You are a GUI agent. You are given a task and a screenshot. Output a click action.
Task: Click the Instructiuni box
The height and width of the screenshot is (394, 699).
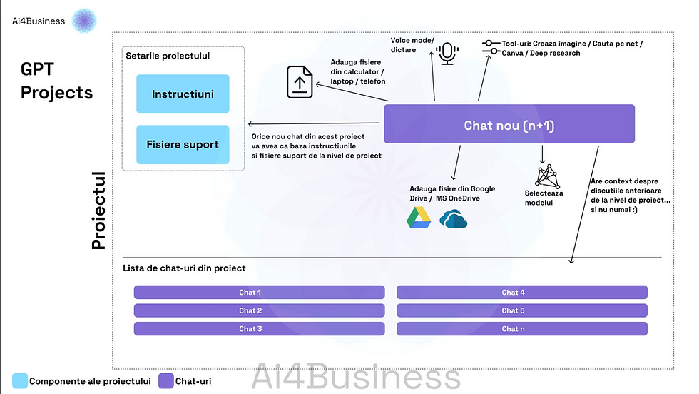coord(183,94)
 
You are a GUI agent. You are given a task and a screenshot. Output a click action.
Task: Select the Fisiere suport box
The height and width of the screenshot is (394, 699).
coord(183,144)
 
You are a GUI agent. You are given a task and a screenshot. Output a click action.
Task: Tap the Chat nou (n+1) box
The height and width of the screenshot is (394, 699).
coord(509,124)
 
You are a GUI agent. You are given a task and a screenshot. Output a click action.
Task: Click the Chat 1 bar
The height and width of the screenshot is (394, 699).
coord(259,292)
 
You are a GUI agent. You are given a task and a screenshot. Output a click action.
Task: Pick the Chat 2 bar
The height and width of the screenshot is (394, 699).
coord(259,310)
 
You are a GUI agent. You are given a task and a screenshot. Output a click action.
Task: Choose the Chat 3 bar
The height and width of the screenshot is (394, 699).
coord(259,329)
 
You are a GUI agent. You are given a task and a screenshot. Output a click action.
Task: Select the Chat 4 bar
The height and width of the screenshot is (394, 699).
coord(521,292)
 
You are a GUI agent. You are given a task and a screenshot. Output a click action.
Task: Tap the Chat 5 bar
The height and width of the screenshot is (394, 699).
coord(521,310)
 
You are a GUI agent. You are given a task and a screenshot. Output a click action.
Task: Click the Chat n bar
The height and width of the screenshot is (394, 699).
coord(521,329)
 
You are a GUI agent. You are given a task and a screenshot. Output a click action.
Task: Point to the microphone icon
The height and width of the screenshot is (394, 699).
coord(448,53)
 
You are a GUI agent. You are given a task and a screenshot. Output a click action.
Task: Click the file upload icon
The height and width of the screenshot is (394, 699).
coord(300,81)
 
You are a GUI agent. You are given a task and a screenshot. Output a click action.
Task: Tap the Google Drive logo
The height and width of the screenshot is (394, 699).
coord(419,218)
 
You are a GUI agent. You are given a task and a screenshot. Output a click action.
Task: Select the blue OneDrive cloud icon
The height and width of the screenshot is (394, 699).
coord(453,218)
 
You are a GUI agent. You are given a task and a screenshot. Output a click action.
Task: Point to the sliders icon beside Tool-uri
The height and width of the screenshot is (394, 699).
coord(491,48)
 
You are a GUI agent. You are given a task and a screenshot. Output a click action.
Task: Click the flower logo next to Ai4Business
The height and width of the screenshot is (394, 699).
coord(85,20)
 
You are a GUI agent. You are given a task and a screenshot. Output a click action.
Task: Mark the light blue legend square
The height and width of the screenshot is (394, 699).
coord(20,380)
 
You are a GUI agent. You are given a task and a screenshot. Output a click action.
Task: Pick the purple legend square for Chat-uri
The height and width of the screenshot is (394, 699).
coord(166,380)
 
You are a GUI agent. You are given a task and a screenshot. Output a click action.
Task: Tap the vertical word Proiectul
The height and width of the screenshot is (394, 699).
coord(98,211)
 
